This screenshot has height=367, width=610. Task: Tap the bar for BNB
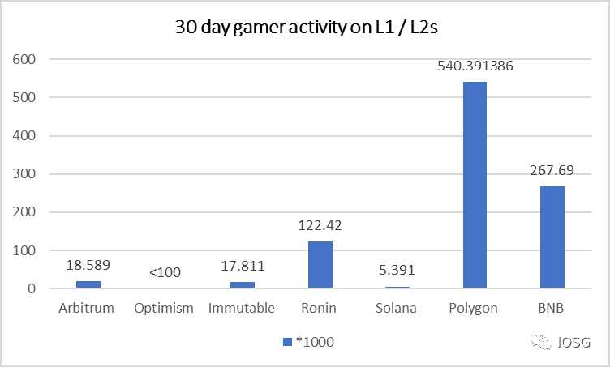coord(552,237)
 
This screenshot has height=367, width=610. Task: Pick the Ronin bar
coord(320,264)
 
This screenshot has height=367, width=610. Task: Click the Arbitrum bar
coord(88,284)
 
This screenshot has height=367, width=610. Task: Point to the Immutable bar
coord(243,284)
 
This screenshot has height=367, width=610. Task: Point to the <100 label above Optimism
coord(165,273)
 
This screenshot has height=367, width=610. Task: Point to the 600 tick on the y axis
coord(25,59)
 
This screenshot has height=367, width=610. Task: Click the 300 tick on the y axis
coord(25,174)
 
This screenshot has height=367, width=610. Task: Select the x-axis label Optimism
coord(165,308)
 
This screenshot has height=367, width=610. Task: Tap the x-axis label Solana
coord(397,308)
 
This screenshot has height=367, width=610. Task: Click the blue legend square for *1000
coord(286,343)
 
